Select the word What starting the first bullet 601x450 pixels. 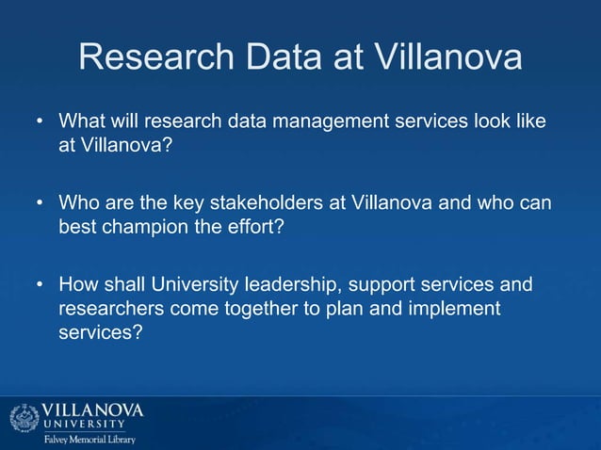point(80,122)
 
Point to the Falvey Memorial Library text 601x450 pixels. point(88,440)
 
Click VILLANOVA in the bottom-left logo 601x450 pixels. point(92,410)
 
